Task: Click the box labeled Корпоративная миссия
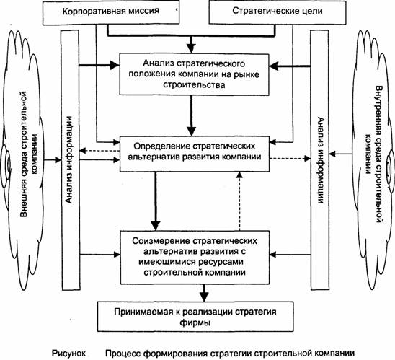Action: (111, 12)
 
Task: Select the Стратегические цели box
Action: (278, 12)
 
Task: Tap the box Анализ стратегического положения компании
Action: (194, 74)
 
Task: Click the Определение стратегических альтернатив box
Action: (194, 154)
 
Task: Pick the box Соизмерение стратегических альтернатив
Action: (195, 257)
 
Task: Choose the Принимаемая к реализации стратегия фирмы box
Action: (195, 317)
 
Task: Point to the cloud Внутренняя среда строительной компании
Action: (373, 162)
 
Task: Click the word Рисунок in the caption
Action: (68, 354)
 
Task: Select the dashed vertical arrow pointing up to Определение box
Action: (240, 201)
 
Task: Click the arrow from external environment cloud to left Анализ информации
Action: (53, 160)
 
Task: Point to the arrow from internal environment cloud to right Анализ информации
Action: (340, 154)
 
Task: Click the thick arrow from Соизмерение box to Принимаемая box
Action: (204, 293)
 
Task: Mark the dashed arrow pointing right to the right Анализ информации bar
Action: (290, 158)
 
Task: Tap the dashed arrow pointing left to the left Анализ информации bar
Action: (99, 151)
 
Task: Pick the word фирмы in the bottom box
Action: (195, 322)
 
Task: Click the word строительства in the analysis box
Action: (194, 84)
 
